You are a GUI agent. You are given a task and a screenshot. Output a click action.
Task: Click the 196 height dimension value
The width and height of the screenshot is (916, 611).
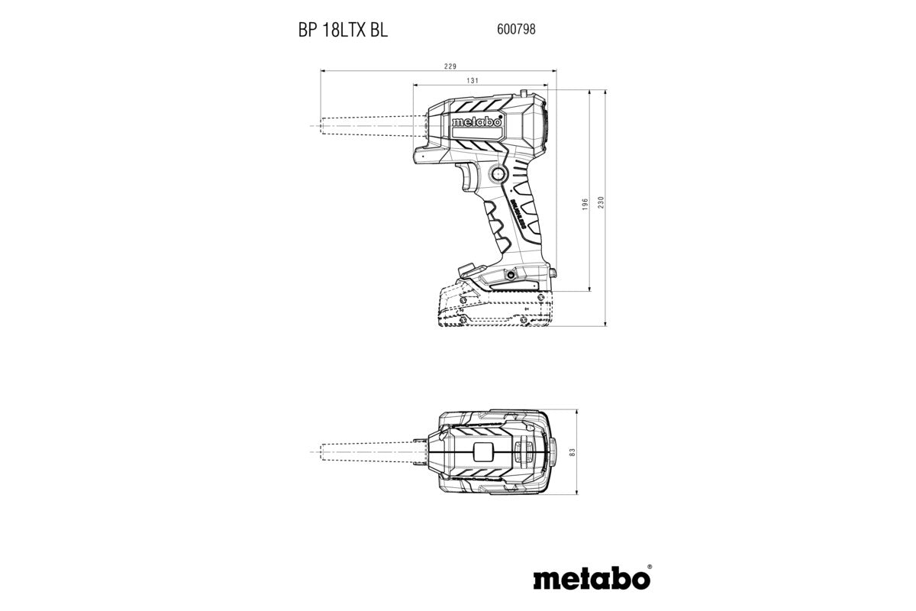[584, 204]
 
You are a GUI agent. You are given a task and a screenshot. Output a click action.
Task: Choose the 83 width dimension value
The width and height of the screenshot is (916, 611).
[571, 452]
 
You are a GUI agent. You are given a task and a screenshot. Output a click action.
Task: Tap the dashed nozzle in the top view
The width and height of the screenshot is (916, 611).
[366, 452]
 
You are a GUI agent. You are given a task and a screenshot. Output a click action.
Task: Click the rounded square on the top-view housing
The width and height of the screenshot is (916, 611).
[483, 451]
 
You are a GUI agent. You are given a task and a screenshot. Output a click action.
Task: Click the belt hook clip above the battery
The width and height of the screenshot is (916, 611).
[467, 268]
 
